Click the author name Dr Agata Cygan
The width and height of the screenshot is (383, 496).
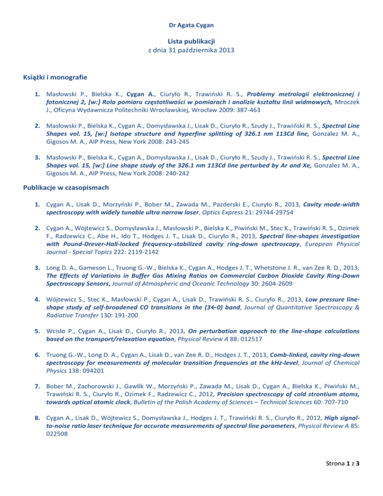click(191, 22)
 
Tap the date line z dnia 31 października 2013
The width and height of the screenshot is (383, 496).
click(191, 50)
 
